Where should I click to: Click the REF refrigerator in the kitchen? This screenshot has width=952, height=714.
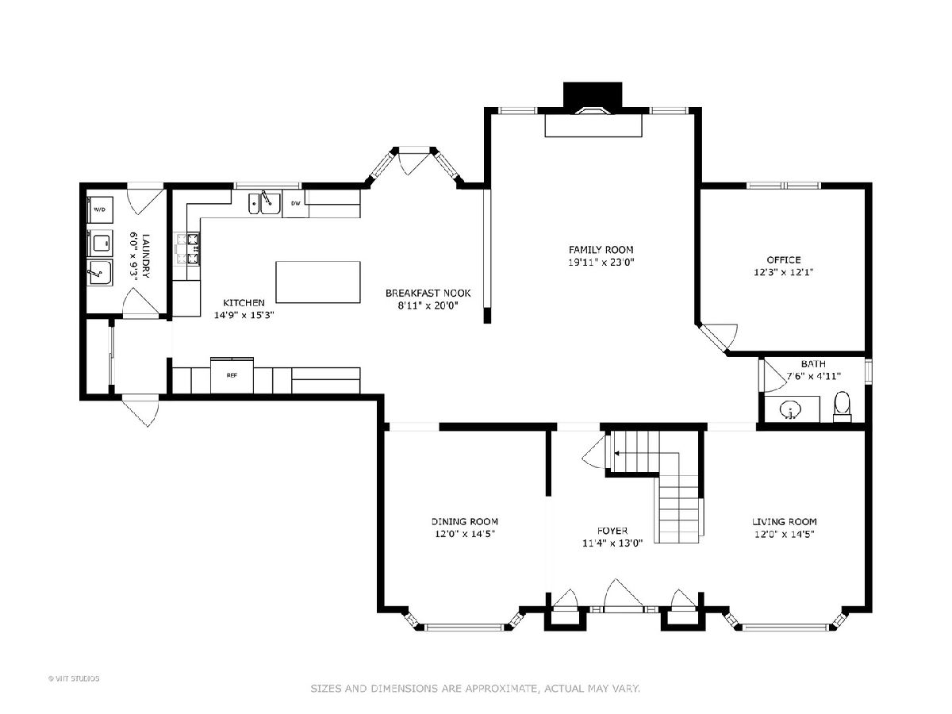click(x=232, y=375)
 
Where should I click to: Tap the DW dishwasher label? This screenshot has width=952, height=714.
click(x=296, y=203)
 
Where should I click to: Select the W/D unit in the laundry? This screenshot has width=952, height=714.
click(x=100, y=209)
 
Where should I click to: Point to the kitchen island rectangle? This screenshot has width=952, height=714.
click(x=318, y=282)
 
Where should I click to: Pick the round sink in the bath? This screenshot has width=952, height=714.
click(x=790, y=409)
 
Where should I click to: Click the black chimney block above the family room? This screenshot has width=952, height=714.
click(x=593, y=95)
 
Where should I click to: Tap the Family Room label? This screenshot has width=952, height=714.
click(x=601, y=250)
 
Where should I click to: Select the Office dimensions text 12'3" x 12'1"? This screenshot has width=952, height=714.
click(x=783, y=272)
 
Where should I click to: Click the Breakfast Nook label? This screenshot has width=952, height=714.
click(x=428, y=294)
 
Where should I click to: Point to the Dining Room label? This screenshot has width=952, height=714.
click(x=465, y=521)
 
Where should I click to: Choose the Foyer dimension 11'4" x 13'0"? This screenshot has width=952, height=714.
click(x=612, y=543)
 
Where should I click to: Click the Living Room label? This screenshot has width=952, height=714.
click(x=784, y=521)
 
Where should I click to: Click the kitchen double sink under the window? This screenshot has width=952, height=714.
click(x=264, y=203)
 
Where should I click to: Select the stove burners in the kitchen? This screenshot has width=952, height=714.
click(x=187, y=249)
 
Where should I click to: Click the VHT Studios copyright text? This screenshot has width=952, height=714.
click(x=74, y=678)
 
